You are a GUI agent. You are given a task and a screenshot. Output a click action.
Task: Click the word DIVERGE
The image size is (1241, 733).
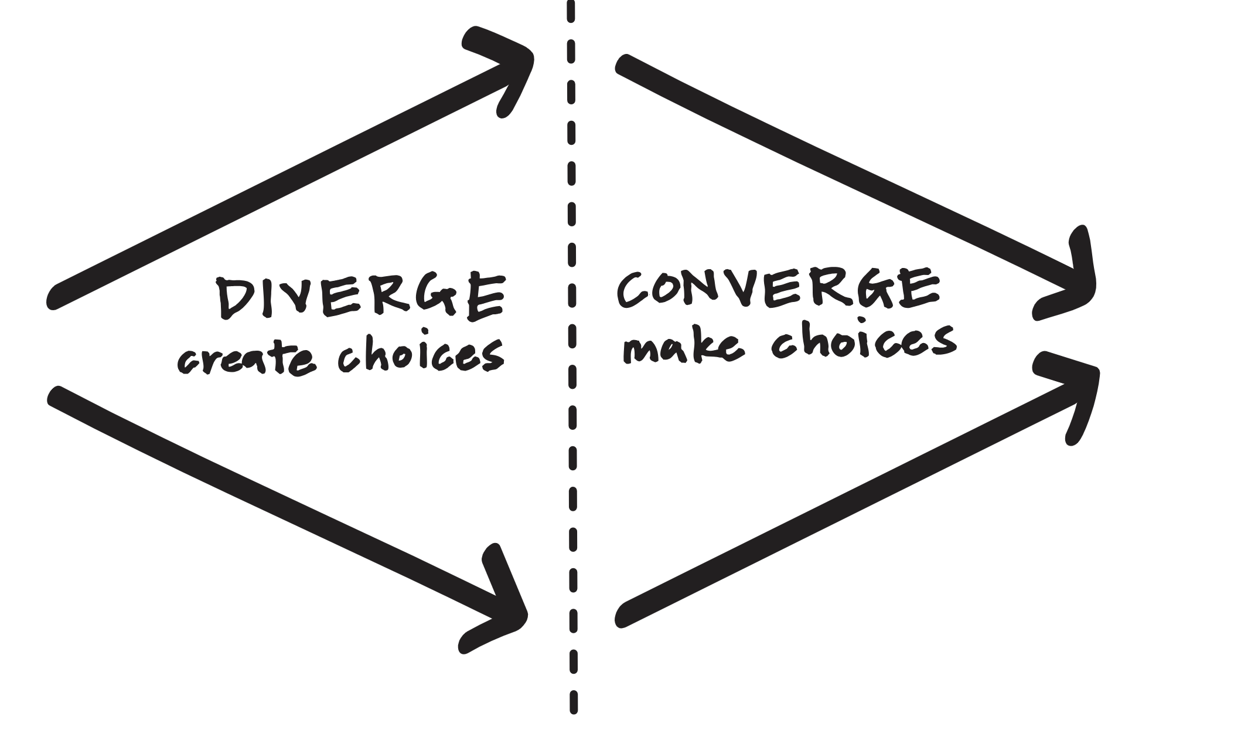(x=360, y=297)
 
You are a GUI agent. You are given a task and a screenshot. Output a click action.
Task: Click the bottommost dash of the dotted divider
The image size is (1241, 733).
(x=574, y=703)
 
